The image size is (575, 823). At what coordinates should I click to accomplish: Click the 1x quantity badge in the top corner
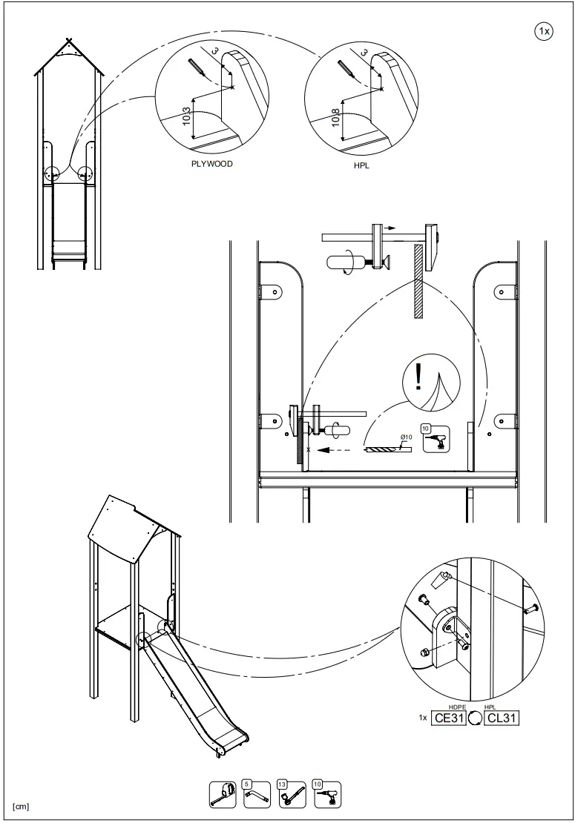[x=543, y=30]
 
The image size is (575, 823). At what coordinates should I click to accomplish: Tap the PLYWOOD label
[x=211, y=164]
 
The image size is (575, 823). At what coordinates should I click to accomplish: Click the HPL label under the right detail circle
[x=361, y=166]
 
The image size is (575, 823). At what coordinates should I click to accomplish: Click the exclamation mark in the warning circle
[x=418, y=377]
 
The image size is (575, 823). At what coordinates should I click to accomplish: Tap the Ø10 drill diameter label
[x=406, y=437]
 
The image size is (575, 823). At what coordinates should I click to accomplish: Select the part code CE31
[x=449, y=718]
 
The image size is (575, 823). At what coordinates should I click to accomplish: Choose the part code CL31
[x=502, y=718]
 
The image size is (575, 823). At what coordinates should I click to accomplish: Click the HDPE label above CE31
[x=458, y=707]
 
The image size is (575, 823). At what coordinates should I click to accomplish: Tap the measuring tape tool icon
[x=223, y=794]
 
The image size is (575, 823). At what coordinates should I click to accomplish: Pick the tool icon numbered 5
[x=257, y=794]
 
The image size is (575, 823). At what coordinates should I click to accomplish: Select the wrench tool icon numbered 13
[x=292, y=794]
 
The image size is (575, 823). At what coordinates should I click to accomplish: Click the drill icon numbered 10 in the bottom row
[x=326, y=794]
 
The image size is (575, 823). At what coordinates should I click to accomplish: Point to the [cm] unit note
[x=21, y=806]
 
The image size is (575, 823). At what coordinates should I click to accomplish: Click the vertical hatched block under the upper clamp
[x=418, y=281]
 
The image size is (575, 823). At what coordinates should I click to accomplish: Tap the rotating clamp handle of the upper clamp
[x=342, y=262]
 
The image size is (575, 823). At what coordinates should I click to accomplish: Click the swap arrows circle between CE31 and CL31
[x=476, y=718]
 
